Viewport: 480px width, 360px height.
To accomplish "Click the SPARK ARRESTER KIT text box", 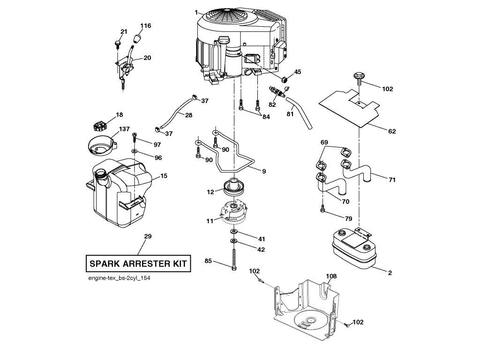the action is pos(138,263).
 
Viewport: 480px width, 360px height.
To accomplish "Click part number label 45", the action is pos(297,72).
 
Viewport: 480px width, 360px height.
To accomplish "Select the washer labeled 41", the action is pos(233,231).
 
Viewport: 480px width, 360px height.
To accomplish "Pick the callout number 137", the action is pos(124,129).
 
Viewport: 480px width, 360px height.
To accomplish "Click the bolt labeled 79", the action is pos(322,208).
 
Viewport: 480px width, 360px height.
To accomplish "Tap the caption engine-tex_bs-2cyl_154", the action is pos(119,278).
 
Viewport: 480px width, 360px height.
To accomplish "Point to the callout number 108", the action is pos(331,276).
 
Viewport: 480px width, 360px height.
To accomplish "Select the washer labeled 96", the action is pos(135,151).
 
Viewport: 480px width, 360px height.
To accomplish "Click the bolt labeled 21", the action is pos(118,44).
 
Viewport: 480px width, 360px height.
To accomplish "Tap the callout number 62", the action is pos(392,131).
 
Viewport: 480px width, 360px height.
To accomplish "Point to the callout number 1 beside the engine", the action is pos(196,12).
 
